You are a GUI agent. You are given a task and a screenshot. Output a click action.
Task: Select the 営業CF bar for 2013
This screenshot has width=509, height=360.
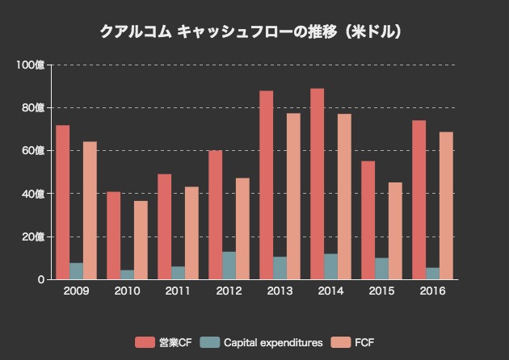point(267,185)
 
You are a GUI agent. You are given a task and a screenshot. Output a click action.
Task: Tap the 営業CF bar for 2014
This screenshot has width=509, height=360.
point(318,184)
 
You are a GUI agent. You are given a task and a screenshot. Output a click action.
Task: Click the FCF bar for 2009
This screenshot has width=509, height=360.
point(90,211)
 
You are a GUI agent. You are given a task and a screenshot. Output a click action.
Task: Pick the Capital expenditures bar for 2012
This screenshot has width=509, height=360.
point(229,266)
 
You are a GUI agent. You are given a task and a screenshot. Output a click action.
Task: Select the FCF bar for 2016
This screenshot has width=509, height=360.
point(446,206)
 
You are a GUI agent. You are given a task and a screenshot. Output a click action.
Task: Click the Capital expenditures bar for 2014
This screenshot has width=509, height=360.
point(331,266)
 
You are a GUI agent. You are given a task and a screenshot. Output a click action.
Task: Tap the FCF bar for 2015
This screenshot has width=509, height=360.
point(395,231)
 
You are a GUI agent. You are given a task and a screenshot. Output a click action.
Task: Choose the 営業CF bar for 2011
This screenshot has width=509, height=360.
point(165,227)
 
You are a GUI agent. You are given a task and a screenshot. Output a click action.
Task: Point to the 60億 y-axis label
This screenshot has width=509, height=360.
point(33,151)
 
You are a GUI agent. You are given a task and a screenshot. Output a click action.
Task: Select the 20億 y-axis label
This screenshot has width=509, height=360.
point(33,237)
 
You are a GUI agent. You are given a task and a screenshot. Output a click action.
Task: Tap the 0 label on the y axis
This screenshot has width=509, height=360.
point(40,280)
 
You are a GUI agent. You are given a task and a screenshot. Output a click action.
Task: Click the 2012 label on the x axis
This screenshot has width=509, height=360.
point(229,291)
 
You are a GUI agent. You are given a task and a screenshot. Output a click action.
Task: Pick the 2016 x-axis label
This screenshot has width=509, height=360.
point(432,291)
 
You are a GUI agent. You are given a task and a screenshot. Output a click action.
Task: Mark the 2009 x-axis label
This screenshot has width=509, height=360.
point(76,291)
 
